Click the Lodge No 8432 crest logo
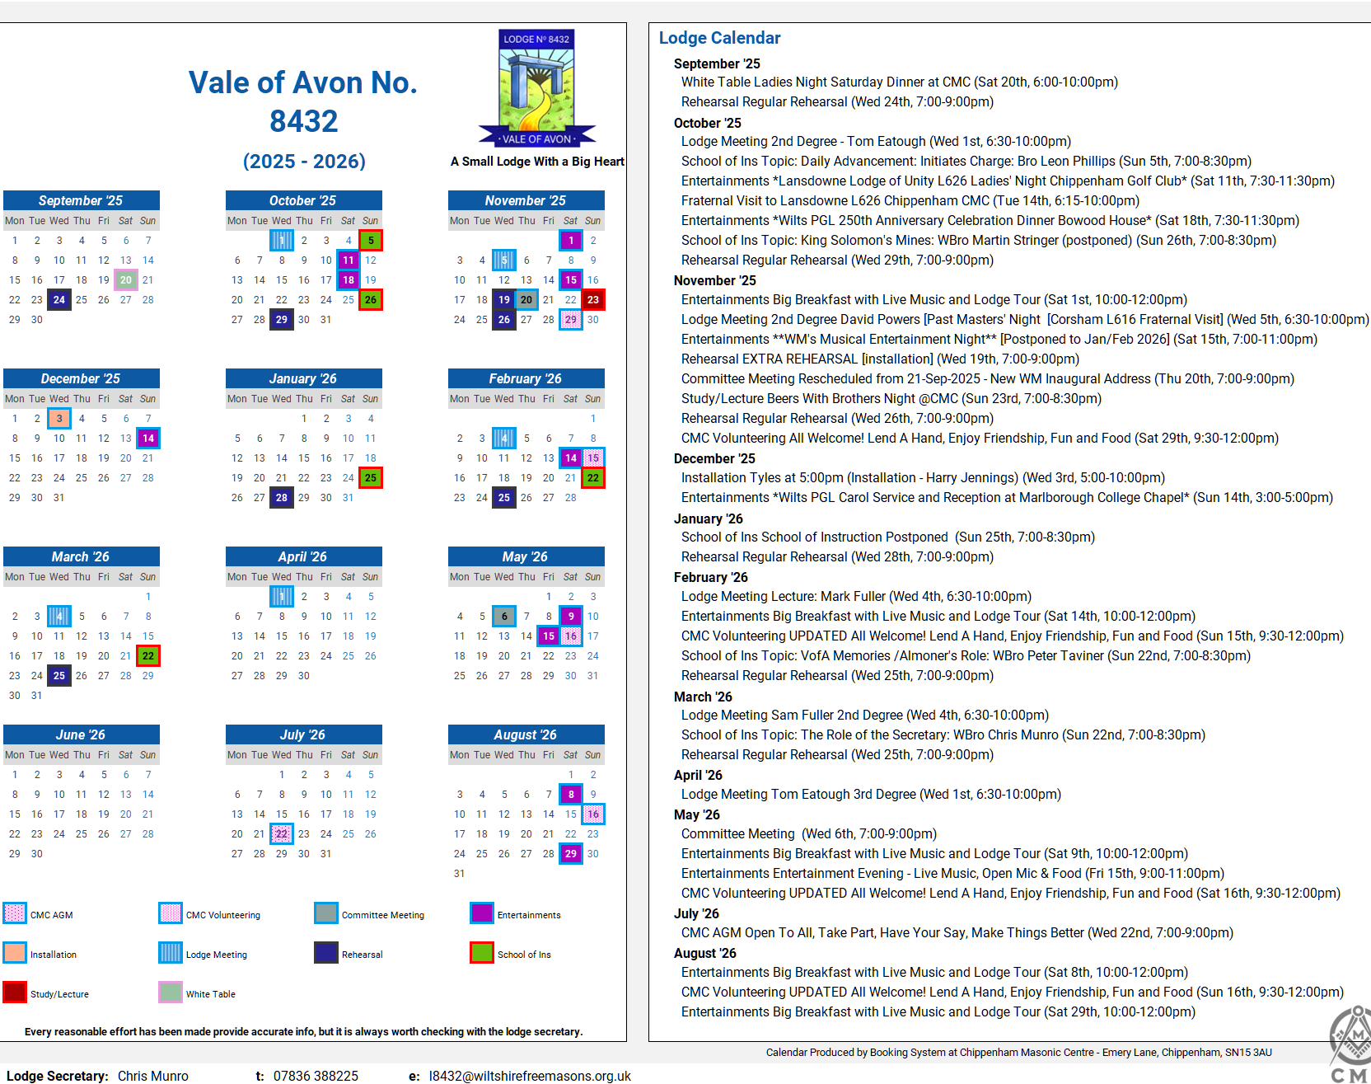(537, 88)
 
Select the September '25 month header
(81, 200)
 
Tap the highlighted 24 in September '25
(59, 300)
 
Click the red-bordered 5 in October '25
(371, 241)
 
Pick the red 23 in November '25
(593, 300)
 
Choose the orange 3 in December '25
(59, 419)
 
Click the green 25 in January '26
(371, 478)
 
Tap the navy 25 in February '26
(504, 498)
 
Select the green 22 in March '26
(148, 656)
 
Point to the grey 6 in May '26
(504, 617)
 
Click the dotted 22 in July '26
(282, 834)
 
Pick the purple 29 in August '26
(571, 854)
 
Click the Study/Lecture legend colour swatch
(15, 992)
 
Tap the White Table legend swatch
(171, 992)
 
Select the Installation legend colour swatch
(15, 953)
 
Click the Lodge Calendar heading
(719, 38)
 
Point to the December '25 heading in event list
(714, 458)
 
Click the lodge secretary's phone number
(316, 1076)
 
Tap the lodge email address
(530, 1076)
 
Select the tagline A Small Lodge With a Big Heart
(537, 162)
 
